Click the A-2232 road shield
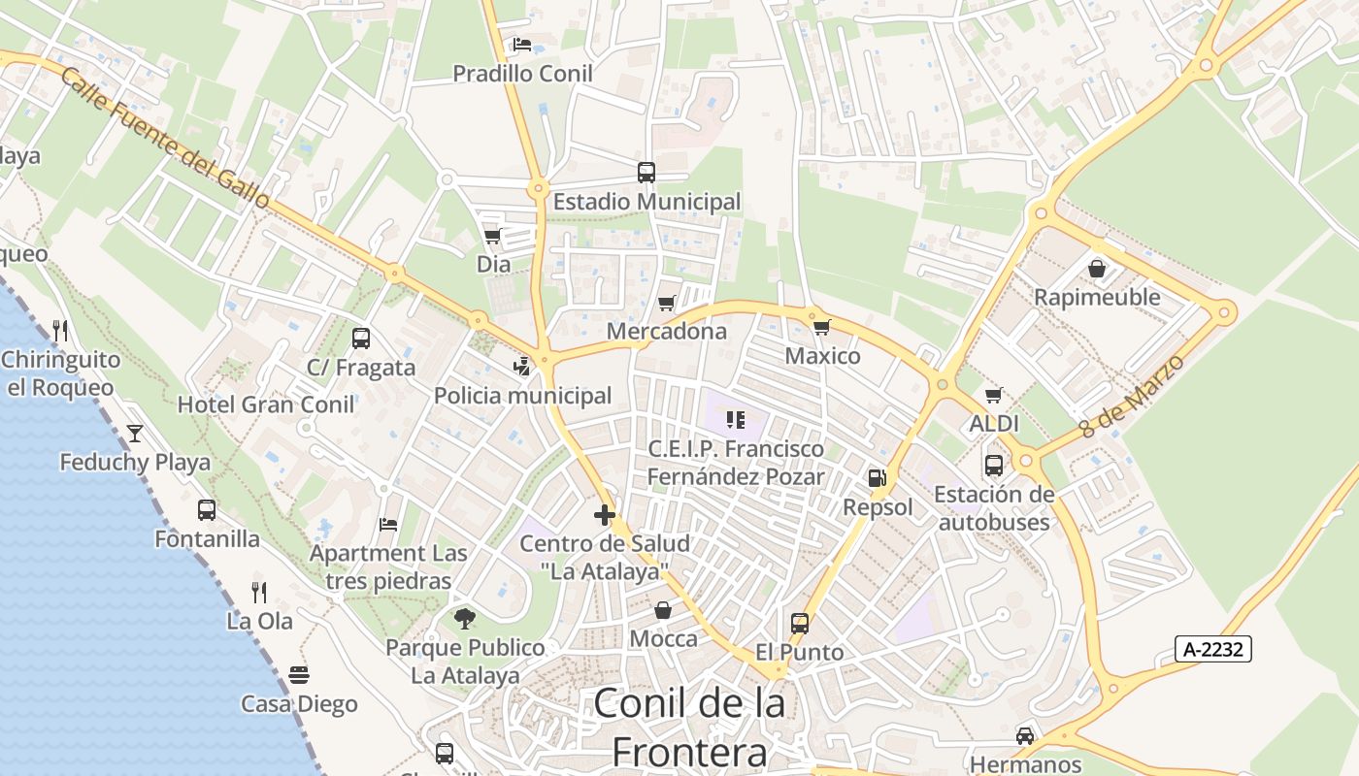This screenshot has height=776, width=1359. [1212, 649]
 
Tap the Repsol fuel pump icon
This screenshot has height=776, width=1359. [877, 478]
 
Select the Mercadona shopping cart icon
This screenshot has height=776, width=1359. [666, 304]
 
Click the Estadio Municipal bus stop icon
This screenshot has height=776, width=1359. [646, 173]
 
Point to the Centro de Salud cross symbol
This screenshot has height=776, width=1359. [605, 515]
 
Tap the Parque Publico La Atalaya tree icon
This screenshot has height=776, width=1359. [465, 618]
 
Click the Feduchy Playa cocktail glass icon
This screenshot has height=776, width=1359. [135, 433]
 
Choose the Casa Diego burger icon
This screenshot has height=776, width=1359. [299, 674]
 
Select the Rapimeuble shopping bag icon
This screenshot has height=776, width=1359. [1097, 268]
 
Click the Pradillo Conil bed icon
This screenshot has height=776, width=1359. [522, 45]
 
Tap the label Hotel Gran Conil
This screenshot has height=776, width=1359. [266, 404]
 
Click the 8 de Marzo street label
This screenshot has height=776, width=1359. [1132, 396]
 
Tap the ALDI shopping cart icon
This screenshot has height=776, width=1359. [993, 395]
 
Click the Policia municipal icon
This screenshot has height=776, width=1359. [522, 367]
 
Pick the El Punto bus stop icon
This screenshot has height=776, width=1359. [799, 623]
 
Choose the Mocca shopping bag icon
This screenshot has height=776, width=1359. [663, 610]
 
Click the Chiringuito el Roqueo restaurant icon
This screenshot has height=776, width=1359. [60, 331]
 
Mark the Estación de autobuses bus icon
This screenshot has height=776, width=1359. [993, 466]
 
